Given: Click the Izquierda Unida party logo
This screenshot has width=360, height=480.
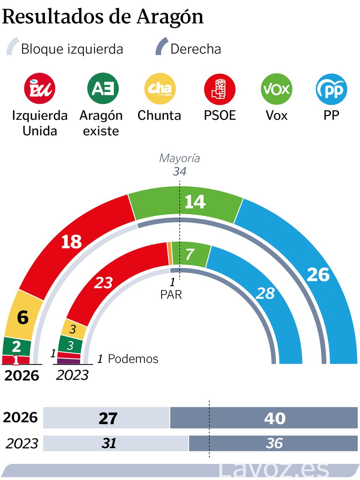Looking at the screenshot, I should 39,89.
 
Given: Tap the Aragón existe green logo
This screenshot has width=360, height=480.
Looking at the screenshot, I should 103,89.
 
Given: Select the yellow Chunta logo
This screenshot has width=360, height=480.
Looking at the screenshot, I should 160,89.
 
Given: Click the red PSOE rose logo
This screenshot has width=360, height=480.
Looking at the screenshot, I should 219,89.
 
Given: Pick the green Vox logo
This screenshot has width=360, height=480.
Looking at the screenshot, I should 276,89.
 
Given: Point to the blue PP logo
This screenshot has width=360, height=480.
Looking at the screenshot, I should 331,89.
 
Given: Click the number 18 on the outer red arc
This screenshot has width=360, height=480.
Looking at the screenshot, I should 71,242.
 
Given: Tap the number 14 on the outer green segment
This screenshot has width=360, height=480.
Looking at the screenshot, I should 195,202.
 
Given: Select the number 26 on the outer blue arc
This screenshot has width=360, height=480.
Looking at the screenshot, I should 318,275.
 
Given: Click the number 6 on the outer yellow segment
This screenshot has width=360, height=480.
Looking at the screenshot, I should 22,318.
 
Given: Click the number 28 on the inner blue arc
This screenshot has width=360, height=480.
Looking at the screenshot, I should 265,293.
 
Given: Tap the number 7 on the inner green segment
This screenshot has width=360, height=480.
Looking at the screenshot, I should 190,254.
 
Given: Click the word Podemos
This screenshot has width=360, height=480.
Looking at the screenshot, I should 133,359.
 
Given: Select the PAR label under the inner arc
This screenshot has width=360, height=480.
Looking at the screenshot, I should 171,295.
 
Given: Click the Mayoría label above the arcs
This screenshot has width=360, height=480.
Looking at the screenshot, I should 180,158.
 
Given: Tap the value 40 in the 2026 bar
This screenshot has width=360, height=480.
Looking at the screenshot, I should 275,418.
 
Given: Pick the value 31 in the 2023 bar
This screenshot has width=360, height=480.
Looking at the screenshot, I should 109,443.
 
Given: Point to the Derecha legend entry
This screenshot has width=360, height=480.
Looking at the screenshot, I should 195,49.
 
